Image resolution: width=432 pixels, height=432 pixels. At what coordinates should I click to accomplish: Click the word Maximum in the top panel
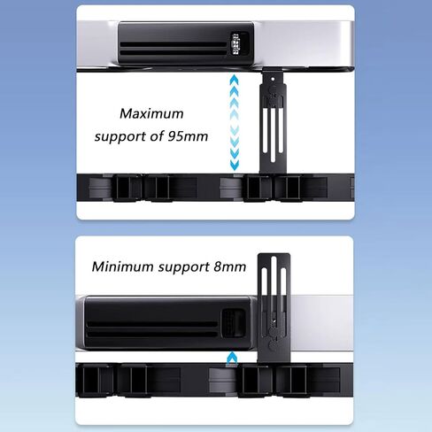[151, 113]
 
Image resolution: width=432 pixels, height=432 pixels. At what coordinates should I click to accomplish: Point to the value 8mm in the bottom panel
[229, 266]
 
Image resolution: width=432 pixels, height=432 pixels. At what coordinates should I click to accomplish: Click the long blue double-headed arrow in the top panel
[235, 123]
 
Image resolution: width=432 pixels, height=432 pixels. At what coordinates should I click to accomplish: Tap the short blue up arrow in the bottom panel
[232, 359]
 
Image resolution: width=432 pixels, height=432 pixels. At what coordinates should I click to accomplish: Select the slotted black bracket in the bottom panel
[274, 308]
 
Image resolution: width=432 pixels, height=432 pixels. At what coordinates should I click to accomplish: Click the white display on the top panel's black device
[236, 44]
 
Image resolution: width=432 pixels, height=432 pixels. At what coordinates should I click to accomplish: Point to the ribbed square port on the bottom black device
[233, 323]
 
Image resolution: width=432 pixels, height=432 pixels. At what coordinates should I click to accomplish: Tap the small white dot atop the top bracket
[273, 79]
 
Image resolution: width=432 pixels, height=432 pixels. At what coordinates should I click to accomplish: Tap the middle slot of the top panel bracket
[273, 135]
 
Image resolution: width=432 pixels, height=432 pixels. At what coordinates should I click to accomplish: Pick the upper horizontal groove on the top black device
[174, 44]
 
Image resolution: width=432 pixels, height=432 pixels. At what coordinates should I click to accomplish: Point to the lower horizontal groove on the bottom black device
[152, 335]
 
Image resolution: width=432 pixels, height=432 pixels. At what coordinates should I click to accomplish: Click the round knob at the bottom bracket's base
[274, 344]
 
